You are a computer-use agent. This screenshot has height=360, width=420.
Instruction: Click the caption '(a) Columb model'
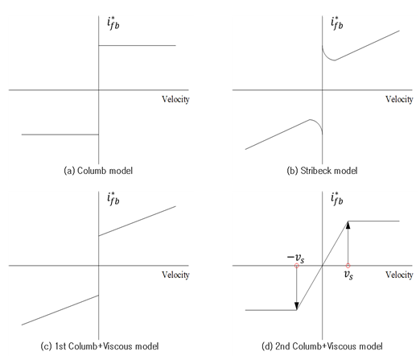pos(98,171)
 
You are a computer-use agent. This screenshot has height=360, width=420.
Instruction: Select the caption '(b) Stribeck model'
pos(322,171)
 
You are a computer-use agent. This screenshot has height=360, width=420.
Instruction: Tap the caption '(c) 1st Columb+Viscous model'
pos(100,346)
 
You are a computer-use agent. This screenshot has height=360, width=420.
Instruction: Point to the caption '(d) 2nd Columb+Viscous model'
pos(322,346)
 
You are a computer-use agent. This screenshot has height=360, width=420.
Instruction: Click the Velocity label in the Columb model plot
pos(175,100)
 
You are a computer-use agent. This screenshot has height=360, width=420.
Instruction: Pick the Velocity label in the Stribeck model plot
pos(399,100)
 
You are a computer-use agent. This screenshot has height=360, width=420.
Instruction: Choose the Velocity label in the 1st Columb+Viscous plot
pos(175,275)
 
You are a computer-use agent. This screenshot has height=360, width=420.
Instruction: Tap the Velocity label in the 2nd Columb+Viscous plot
pos(399,275)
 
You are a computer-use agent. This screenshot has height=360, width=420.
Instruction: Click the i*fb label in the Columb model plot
pos(113,23)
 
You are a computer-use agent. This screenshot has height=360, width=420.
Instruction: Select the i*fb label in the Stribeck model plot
pos(337,23)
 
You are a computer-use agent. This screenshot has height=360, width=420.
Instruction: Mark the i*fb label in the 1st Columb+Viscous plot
pos(113,199)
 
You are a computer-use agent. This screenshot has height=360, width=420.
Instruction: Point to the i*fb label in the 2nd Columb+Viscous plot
pos(337,199)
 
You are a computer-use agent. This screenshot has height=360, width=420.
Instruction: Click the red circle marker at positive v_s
pos(348,266)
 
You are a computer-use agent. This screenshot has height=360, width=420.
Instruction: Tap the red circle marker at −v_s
pos(297,266)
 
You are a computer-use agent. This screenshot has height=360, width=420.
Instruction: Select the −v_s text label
pos(295,259)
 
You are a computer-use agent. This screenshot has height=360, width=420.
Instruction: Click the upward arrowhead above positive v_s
pos(348,226)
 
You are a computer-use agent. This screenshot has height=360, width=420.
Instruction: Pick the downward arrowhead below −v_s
pos(297,306)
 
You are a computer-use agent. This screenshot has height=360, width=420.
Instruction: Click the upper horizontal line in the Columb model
pos(138,45)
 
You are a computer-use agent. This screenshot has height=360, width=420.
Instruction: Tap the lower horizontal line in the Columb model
pos(60,134)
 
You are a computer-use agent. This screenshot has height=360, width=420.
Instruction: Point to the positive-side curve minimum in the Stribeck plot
pos(334,60)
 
